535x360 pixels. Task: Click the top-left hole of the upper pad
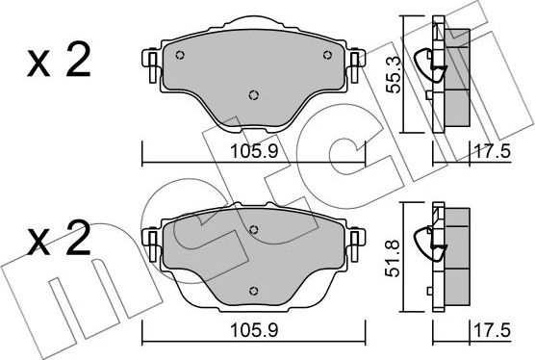[x=180, y=54]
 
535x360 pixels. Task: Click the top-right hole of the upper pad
[x=327, y=54]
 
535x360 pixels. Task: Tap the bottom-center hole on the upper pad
[x=253, y=94]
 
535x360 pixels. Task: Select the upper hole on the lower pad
[x=253, y=229]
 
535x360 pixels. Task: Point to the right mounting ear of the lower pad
[x=357, y=241]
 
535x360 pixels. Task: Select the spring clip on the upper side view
[x=427, y=66]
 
